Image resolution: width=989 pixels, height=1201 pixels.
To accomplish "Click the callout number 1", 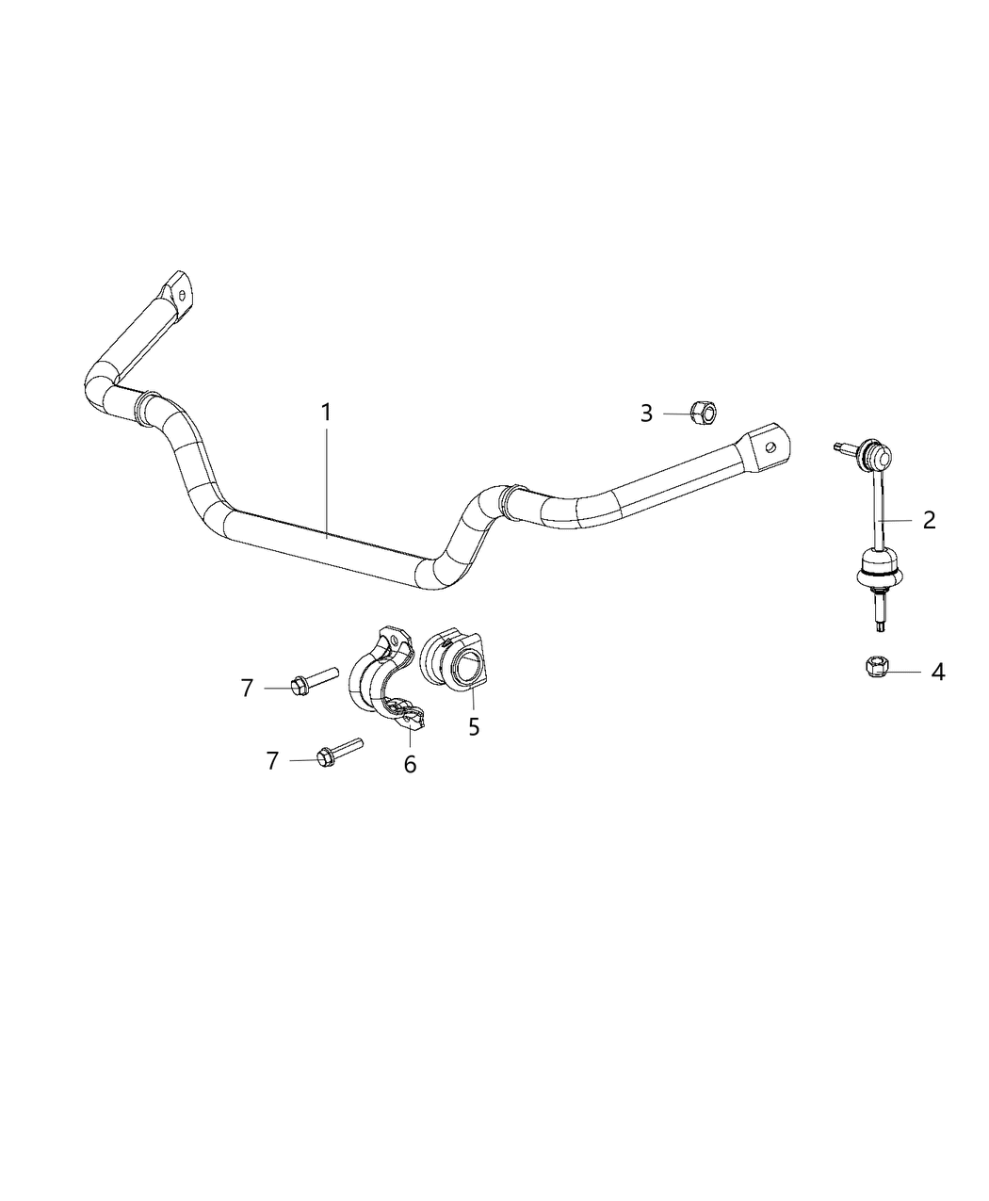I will tap(326, 413).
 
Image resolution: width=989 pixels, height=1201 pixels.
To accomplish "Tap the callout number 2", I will tap(929, 519).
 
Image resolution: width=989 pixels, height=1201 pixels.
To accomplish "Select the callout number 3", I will tap(646, 414).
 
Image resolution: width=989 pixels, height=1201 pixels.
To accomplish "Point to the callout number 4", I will tap(937, 672).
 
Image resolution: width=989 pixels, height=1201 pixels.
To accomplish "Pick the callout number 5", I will tap(474, 726).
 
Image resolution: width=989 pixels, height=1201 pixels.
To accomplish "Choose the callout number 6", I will tap(410, 764).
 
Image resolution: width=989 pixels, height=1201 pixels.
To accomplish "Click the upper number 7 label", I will tap(247, 689).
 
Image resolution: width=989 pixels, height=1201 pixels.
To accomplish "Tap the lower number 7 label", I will tap(272, 760).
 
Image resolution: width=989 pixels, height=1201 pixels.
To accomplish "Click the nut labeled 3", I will tap(703, 412).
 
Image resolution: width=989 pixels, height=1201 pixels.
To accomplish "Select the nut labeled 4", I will tap(873, 667).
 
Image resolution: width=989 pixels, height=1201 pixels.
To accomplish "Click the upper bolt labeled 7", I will tap(313, 680).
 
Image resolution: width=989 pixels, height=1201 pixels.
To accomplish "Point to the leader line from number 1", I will tap(327, 480).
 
